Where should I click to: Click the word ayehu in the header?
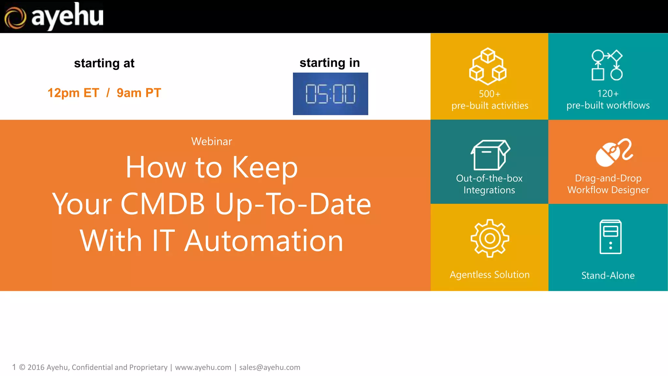(x=67, y=16)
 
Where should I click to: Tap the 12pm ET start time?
(x=73, y=93)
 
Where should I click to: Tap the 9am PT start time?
(x=139, y=93)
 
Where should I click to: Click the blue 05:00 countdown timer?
(x=330, y=94)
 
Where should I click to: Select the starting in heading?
(x=329, y=63)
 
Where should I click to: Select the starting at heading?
(x=104, y=63)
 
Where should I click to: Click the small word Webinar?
(x=211, y=141)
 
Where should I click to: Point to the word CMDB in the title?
(x=162, y=204)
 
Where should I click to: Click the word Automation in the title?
(x=264, y=241)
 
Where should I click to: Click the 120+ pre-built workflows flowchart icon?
(x=607, y=65)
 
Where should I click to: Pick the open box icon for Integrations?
(x=490, y=155)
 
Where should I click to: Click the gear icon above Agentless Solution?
(x=490, y=238)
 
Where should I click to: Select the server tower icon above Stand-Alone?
(x=610, y=237)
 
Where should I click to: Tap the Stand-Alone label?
(x=608, y=275)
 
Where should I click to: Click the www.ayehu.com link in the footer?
(x=203, y=368)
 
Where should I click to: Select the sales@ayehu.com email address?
(x=269, y=368)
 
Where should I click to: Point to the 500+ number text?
(x=489, y=94)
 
